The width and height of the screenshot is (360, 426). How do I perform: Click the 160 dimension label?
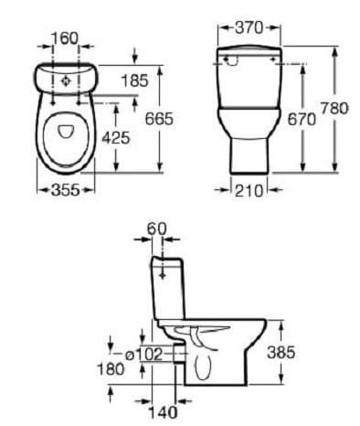[65, 38]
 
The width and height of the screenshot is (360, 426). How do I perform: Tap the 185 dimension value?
[134, 80]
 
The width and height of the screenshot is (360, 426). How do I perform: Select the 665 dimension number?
[159, 119]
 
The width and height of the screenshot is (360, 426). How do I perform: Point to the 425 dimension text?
[116, 138]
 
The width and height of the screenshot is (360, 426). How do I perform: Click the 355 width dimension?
[66, 190]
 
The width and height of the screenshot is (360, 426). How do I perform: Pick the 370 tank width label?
[249, 28]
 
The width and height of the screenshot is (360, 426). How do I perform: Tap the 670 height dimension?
[302, 119]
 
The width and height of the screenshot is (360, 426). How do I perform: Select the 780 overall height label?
[334, 108]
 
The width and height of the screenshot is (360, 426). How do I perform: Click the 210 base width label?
[249, 191]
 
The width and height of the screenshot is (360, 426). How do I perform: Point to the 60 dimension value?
[157, 229]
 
